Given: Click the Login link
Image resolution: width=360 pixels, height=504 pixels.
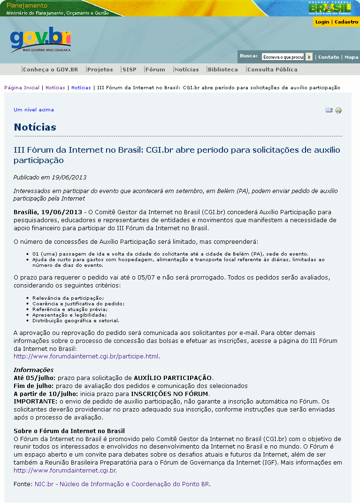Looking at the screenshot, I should coord(322,22).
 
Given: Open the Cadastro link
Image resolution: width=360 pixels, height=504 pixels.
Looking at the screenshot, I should coord(346,22).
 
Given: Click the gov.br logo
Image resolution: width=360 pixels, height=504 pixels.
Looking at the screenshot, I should coord(40,39).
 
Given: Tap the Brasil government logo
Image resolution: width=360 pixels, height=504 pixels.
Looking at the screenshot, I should coord(329,8).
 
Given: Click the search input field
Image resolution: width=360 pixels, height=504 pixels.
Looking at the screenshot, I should coord(283,57).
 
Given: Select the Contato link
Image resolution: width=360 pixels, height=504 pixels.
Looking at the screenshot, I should coord(329,57).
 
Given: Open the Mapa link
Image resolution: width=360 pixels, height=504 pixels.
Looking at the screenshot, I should coord(351,57).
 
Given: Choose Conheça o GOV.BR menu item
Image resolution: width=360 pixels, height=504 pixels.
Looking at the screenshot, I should coord(50,70).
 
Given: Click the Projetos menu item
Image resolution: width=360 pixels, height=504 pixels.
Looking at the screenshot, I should coord(100,70).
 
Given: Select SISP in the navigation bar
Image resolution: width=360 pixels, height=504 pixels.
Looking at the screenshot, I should coord(129,70).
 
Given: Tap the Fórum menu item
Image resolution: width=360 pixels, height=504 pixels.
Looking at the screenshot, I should coord(155,70).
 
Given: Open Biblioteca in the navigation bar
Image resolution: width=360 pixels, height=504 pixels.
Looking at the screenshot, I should coord(222,70).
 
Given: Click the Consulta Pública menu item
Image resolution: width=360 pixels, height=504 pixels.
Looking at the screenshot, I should coord(272,70).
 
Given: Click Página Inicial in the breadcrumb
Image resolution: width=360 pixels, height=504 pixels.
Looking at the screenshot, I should coord(22,88).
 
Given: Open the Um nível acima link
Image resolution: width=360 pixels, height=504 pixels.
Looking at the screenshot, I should coord(34,110).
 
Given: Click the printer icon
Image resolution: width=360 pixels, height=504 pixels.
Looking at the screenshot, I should coord(338,110).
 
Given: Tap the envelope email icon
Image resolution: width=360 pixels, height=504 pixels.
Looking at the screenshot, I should coord(329,110).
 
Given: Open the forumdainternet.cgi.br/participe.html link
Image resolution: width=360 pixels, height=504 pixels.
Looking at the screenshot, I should coord(86,357).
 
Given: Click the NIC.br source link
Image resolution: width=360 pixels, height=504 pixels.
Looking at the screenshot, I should coord(122,484).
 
